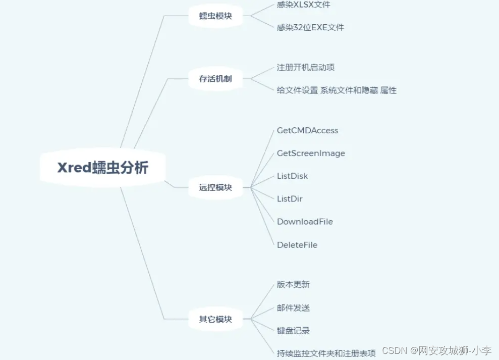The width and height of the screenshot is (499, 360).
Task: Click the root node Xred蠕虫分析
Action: (x=103, y=168)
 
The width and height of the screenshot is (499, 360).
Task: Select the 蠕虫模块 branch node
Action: (x=215, y=16)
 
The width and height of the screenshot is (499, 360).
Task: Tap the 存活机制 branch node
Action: (x=215, y=79)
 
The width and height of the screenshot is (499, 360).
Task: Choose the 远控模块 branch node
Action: (x=215, y=187)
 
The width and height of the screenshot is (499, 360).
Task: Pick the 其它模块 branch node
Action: (x=215, y=319)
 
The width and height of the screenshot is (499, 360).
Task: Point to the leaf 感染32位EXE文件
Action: (x=310, y=27)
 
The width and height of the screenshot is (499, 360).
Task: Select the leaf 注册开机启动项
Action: (x=306, y=67)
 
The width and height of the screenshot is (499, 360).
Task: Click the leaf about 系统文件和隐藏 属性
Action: (x=337, y=90)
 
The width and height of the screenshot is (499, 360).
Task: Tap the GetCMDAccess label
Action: (x=307, y=130)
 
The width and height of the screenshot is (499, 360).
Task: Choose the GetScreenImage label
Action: (x=311, y=153)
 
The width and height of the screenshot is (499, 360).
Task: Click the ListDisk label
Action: (x=292, y=176)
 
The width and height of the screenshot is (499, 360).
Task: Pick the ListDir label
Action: (x=290, y=199)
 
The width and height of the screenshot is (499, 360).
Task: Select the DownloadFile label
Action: (x=305, y=222)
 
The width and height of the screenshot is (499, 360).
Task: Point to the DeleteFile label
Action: (x=297, y=245)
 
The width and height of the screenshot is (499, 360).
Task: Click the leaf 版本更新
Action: (x=293, y=284)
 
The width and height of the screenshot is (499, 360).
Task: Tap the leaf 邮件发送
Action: (x=293, y=307)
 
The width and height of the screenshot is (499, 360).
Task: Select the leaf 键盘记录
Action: (x=293, y=331)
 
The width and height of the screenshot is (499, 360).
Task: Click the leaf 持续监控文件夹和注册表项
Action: (x=326, y=353)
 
